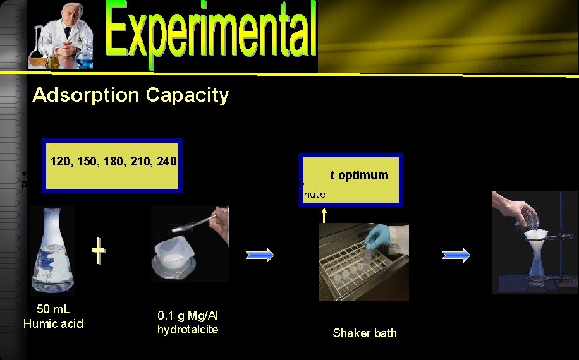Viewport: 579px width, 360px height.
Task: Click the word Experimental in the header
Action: point(211,35)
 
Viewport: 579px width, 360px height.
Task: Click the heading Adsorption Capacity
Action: point(130,95)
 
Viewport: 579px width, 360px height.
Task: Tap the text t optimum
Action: point(359,175)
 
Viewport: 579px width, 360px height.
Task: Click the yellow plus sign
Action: point(98,251)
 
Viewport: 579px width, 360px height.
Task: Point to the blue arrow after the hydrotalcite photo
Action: point(259,255)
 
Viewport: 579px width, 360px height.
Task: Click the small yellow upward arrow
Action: point(324,215)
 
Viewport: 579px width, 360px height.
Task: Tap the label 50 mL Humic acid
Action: point(53,316)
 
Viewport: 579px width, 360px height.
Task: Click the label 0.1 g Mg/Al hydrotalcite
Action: point(188,322)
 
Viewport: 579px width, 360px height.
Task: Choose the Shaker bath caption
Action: point(365,333)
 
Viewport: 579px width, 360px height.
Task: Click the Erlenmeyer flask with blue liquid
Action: point(53,249)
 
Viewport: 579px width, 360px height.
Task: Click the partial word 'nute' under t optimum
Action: point(314,195)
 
